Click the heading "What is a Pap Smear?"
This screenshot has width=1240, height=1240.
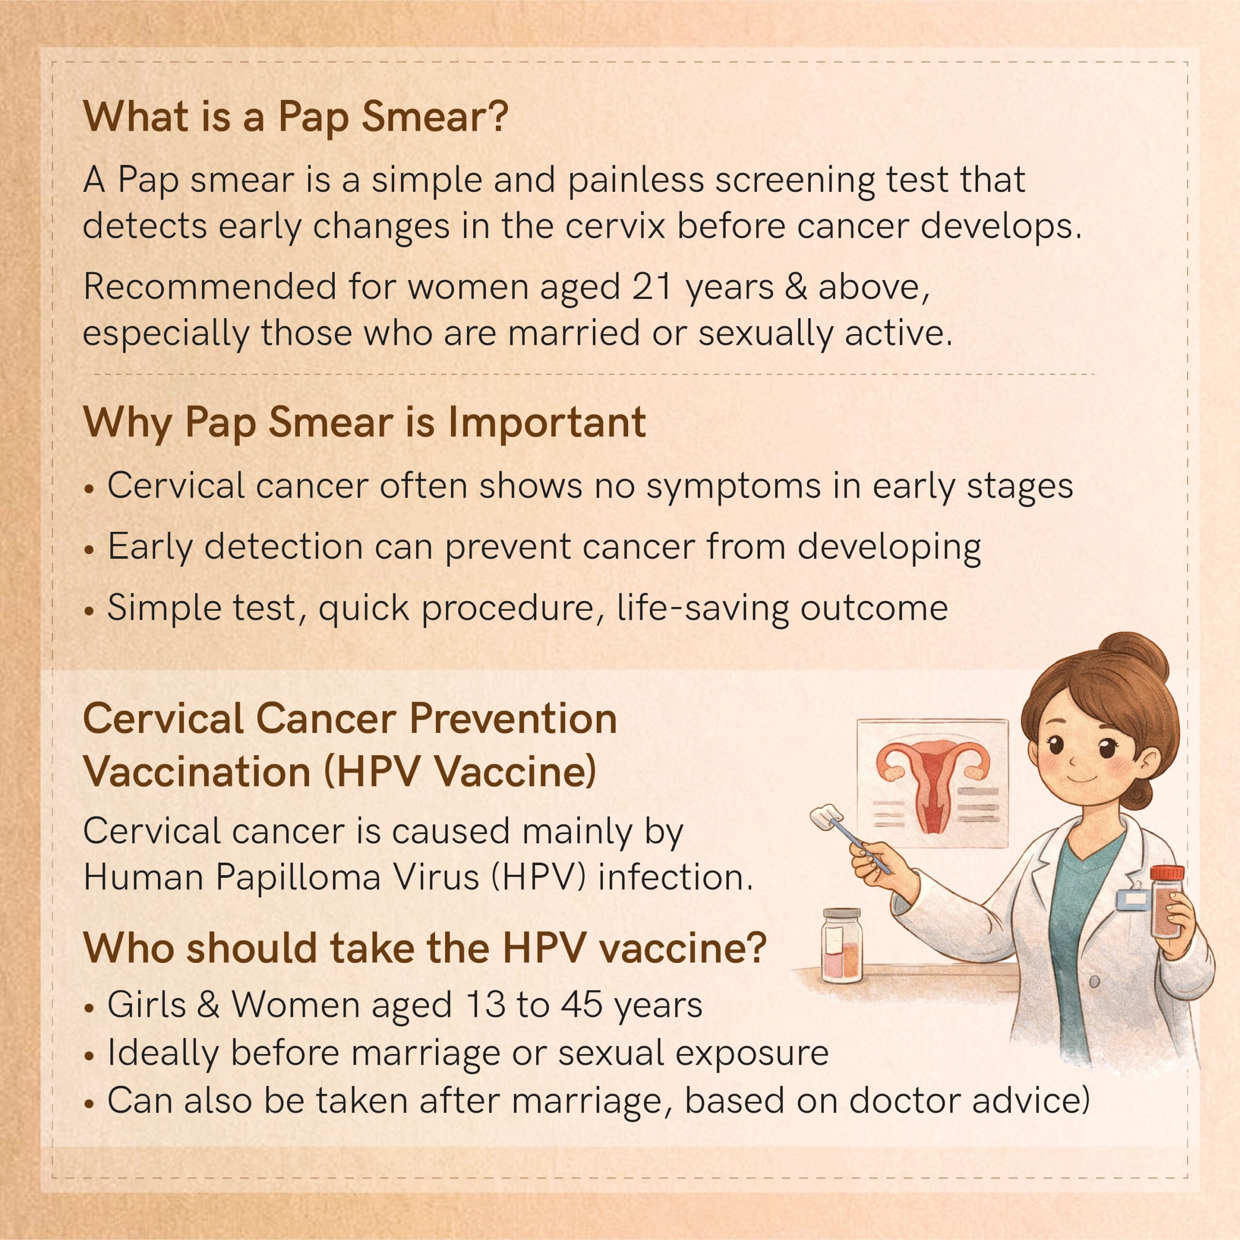[295, 117]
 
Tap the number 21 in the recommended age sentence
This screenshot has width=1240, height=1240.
[651, 286]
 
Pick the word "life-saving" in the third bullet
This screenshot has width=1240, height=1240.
[702, 607]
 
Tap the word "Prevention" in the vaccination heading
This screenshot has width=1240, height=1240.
[513, 718]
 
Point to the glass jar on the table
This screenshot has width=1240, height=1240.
[841, 945]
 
